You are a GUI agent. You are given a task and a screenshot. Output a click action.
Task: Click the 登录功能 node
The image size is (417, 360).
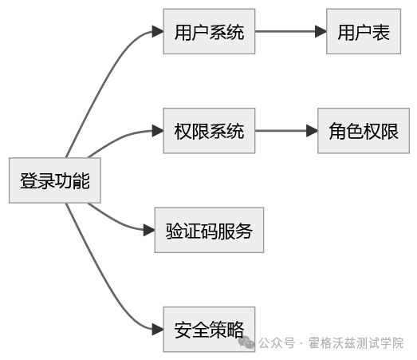tap(55, 181)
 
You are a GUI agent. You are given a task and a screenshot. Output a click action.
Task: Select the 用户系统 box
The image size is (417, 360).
tap(209, 32)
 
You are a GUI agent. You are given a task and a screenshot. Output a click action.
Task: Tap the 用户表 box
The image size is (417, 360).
tap(363, 32)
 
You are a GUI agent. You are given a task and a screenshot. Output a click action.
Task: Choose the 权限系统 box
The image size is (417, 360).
tap(209, 131)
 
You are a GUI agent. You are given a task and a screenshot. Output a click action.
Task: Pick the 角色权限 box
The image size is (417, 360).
tap(363, 131)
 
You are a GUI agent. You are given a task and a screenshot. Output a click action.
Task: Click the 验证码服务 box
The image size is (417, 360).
tap(208, 231)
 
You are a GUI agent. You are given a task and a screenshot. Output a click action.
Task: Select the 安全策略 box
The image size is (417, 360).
tap(209, 329)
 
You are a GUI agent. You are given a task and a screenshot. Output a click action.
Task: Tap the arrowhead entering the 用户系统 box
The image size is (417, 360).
tap(158, 32)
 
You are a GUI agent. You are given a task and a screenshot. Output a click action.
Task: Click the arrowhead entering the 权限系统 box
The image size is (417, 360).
tap(158, 131)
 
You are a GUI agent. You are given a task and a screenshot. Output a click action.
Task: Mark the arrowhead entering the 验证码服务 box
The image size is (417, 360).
tap(149, 231)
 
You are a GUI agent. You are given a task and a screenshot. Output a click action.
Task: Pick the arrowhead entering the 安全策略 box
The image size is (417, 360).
tap(158, 329)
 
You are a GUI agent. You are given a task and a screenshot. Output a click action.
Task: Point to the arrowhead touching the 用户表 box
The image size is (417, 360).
tap(321, 32)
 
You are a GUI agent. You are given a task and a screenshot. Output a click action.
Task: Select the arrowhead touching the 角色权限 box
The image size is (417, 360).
tap(312, 131)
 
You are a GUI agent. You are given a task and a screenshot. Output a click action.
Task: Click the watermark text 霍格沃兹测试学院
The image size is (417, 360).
tap(356, 343)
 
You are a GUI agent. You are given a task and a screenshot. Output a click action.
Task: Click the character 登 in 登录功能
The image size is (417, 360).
tap(29, 181)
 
